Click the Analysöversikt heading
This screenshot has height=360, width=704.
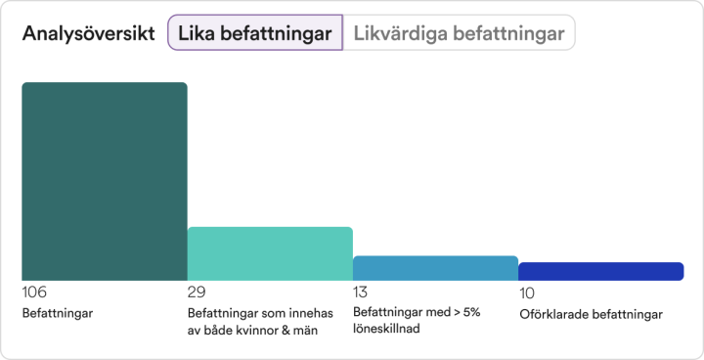click(88, 33)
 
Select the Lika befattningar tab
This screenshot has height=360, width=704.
click(254, 33)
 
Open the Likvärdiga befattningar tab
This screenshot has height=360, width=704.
click(459, 33)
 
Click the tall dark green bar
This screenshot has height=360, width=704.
click(104, 182)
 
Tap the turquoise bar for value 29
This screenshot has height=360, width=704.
click(269, 254)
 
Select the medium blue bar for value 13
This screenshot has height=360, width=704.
click(435, 269)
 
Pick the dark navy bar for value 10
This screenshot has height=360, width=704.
click(600, 272)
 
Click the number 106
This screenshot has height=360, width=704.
click(34, 292)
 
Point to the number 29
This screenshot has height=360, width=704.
click(196, 292)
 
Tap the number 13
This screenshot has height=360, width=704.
click(361, 292)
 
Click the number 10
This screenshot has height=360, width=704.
click(527, 292)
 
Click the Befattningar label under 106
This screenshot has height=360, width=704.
click(57, 314)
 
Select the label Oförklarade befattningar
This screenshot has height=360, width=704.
click(591, 314)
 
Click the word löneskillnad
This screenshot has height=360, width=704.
click(386, 330)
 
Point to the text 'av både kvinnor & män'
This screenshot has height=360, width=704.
click(251, 330)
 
